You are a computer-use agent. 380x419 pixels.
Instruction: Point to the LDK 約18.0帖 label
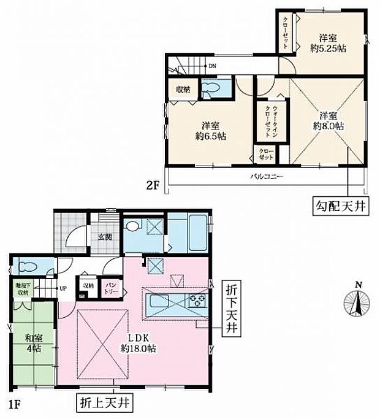138,342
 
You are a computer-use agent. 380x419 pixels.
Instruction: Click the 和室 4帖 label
32,342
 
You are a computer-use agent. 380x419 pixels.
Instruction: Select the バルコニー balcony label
265,177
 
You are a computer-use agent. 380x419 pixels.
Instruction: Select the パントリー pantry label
111,287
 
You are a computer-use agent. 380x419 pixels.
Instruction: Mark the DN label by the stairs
211,65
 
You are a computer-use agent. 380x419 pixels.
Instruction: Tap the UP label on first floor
62,287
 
